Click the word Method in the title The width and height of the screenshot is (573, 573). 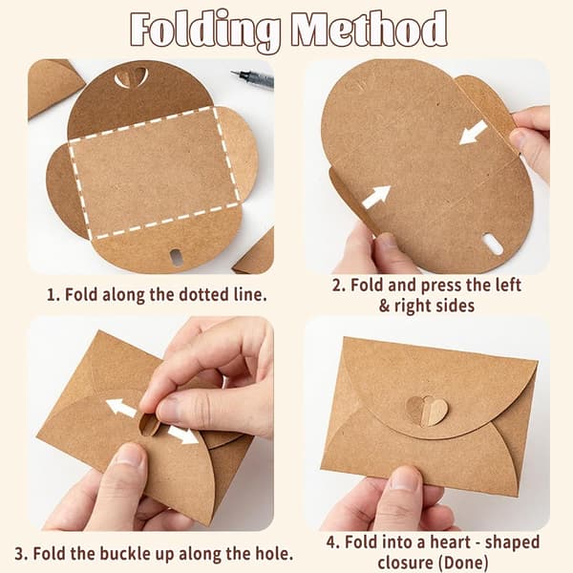[370, 29]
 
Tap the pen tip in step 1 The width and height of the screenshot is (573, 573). [233, 74]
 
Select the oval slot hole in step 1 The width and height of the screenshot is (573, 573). [176, 257]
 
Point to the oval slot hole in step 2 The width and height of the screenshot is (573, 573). [492, 244]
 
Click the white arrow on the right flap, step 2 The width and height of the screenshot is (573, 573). [474, 133]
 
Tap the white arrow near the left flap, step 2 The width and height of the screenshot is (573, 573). [376, 198]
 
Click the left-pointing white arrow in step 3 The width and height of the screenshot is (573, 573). [121, 408]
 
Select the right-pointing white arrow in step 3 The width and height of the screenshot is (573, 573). [183, 435]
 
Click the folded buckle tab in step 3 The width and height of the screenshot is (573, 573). [150, 425]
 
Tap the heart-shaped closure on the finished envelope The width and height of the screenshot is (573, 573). [427, 412]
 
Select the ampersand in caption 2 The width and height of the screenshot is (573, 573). [384, 307]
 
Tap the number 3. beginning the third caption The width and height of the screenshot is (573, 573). [21, 554]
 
